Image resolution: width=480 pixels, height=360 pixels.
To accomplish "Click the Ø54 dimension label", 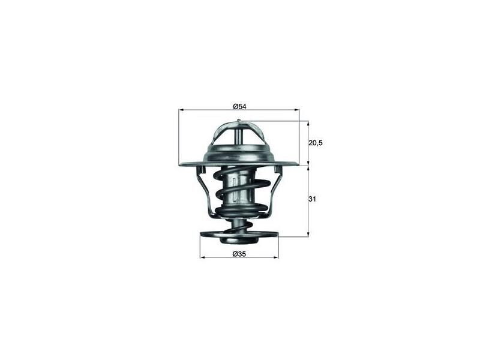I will pos(240,106).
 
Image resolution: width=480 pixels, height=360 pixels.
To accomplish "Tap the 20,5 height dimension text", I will pos(316,143).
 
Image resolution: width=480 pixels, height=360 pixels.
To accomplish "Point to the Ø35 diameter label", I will pos(239,253).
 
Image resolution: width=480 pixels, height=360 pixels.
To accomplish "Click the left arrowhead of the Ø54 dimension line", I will pos(181,110).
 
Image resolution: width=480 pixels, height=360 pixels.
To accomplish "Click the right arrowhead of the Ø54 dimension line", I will pos(296,110).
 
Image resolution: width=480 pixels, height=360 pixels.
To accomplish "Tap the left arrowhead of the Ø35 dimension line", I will pos(202,257).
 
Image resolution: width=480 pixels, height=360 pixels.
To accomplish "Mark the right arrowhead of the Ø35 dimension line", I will pos(276,257).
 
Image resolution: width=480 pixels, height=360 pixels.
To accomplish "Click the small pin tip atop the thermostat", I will pos(239,122).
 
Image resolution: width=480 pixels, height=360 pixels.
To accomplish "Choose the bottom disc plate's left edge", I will pos(200,235).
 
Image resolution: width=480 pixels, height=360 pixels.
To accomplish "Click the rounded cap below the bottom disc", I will pos(239,240).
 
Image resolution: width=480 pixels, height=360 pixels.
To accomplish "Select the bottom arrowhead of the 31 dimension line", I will pos(308,234).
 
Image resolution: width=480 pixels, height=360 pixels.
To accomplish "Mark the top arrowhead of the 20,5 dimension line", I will pos(308,124).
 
